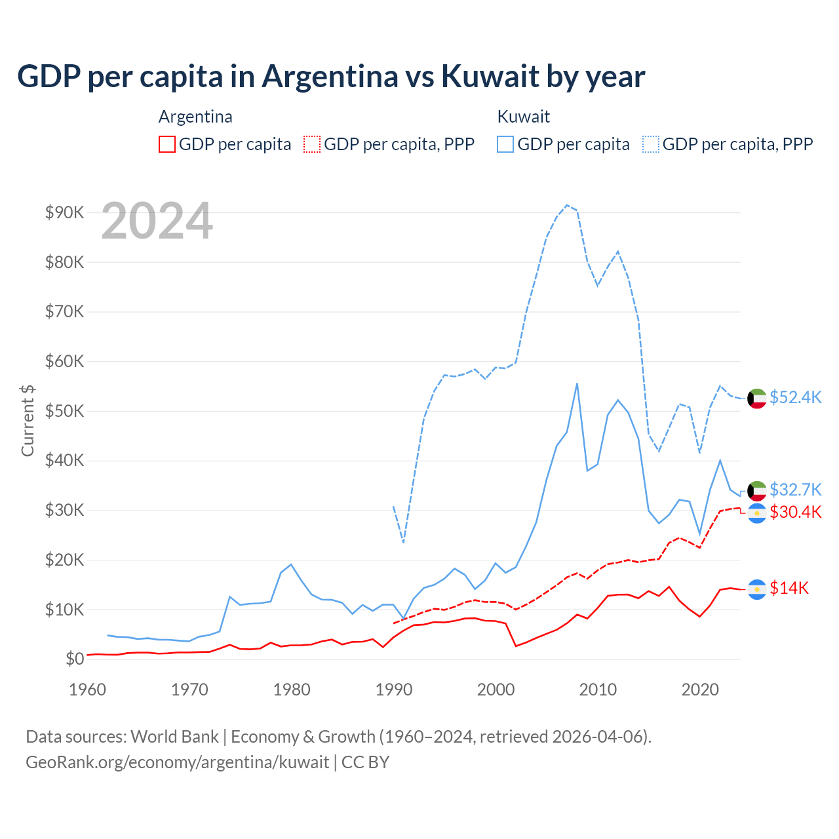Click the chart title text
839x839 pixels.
[331, 76]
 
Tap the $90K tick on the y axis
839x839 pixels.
[64, 212]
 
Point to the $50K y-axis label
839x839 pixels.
[64, 411]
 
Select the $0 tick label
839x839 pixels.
[75, 659]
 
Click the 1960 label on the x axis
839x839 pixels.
[87, 690]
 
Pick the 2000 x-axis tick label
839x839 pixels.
[496, 690]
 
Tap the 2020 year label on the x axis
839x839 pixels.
[700, 690]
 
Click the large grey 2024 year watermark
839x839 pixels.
[157, 221]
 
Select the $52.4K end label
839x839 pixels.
[795, 398]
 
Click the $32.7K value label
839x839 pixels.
[795, 490]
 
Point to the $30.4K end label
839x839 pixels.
[795, 512]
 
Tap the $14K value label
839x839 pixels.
[789, 589]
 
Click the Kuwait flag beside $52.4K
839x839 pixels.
[757, 398]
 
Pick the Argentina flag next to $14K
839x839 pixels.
[757, 589]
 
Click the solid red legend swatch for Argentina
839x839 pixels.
[167, 144]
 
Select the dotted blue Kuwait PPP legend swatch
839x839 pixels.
[651, 144]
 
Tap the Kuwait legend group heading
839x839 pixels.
[523, 117]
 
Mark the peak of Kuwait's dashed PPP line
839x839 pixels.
[567, 205]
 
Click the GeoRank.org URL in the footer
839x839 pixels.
[178, 762]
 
